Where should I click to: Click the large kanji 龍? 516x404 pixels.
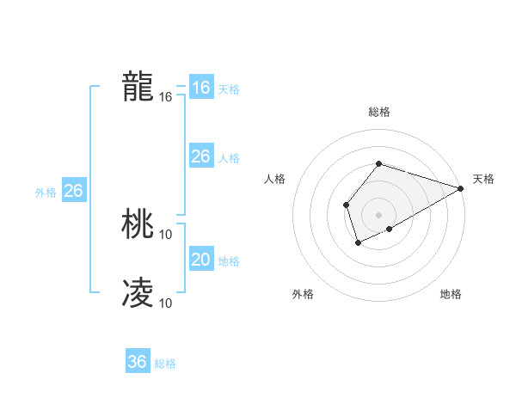(138, 88)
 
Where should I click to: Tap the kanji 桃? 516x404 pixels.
(138, 225)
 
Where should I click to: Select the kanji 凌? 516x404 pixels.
(138, 293)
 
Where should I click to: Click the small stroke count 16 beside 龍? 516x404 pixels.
(166, 97)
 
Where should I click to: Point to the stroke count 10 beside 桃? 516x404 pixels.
(166, 234)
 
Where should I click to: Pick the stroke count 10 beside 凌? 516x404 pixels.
(166, 303)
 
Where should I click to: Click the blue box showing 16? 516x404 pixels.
(200, 88)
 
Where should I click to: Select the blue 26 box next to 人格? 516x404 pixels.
(200, 156)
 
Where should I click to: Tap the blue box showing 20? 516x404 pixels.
(200, 260)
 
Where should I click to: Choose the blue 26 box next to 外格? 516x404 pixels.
(73, 191)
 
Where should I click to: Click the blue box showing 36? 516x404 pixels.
(138, 362)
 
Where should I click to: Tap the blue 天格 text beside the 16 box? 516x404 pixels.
(229, 89)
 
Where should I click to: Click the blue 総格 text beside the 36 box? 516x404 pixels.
(165, 364)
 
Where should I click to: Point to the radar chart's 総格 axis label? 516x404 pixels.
(378, 112)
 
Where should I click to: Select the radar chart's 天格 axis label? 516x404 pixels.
(483, 179)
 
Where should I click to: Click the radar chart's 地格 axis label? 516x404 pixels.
(451, 295)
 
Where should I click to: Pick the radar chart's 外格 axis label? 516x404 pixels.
(303, 295)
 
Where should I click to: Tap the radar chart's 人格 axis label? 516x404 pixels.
(274, 179)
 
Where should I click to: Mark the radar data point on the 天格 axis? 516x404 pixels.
(461, 188)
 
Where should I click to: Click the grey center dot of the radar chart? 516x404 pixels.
(378, 214)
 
